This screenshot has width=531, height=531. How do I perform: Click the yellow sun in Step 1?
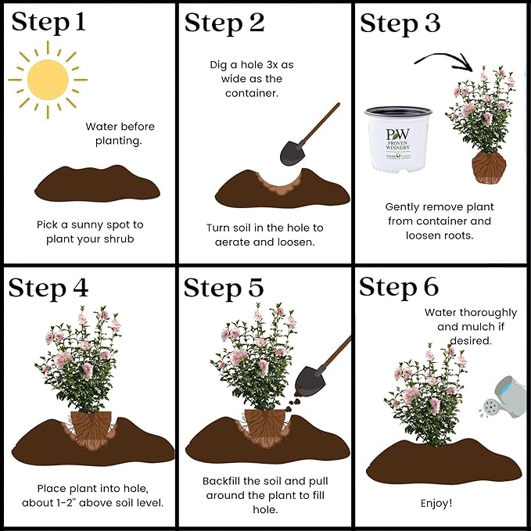click(x=48, y=80)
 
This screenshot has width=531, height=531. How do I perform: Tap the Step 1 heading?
click(x=48, y=23)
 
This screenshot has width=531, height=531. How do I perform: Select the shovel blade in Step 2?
click(x=292, y=153)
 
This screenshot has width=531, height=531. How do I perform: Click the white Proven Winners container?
click(x=398, y=139)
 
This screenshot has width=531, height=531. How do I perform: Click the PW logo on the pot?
click(x=398, y=135)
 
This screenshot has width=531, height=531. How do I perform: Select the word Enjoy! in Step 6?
click(x=436, y=503)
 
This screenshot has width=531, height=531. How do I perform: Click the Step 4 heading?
click(x=48, y=289)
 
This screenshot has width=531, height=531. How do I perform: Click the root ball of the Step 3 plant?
click(x=489, y=167)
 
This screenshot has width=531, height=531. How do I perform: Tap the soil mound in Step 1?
click(x=97, y=184)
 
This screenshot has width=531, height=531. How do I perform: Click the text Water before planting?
click(x=120, y=134)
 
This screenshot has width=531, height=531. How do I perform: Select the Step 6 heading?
click(x=399, y=287)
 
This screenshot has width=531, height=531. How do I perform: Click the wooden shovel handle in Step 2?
click(x=319, y=124)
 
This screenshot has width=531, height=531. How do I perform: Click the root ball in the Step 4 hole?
click(x=91, y=429)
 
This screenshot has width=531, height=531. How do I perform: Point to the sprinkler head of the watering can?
click(x=490, y=407)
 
